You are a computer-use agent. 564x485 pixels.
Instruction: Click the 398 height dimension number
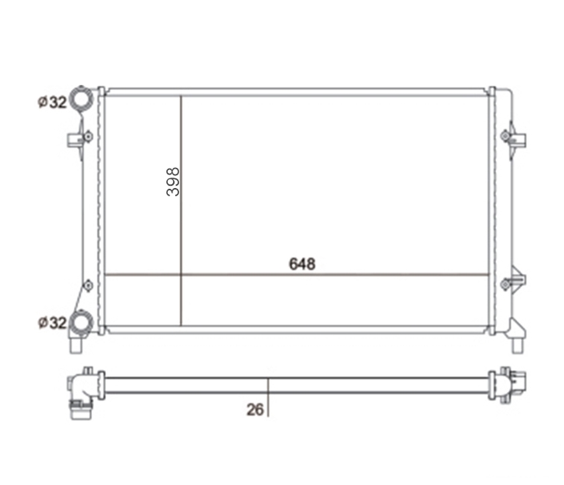173,181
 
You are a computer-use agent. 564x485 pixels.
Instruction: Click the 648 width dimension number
302,264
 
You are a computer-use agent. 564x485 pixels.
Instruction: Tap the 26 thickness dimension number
255,410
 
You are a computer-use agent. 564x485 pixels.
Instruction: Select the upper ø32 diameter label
52,103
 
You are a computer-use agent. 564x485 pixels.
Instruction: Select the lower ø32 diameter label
52,322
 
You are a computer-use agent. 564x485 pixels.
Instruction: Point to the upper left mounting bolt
88,137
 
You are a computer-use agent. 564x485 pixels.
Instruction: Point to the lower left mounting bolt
88,285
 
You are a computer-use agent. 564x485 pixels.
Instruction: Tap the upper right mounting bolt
506,136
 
